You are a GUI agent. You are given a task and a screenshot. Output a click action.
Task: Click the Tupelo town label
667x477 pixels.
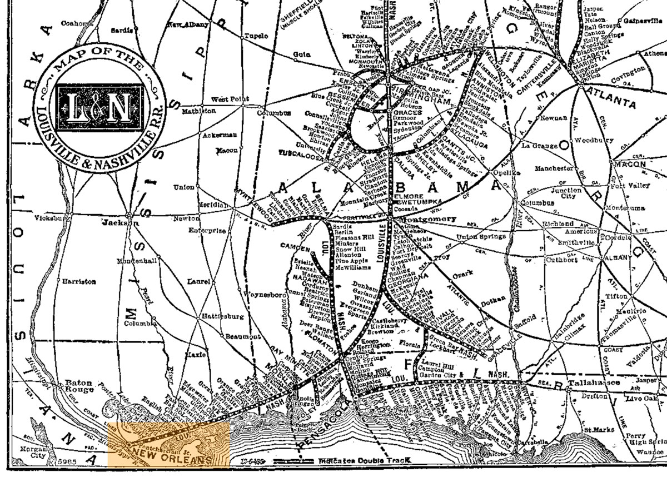coord(257,36)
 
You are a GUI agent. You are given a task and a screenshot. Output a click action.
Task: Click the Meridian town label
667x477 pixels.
coord(212,205)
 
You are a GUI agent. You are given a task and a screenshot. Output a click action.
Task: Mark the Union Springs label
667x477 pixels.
coord(481,237)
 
